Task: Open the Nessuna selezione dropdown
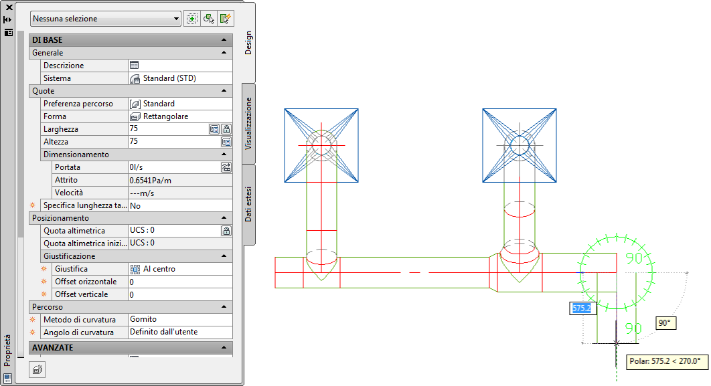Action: pos(106,19)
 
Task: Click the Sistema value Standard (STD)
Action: pos(169,78)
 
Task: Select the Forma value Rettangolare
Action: pos(165,116)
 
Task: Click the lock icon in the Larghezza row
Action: pos(226,129)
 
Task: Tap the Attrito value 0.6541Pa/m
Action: pos(151,181)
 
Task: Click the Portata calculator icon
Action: pos(226,167)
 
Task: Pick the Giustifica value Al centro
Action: pos(159,269)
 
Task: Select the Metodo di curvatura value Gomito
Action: pos(143,319)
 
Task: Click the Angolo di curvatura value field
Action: pos(180,332)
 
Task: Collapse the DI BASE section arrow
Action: pos(224,40)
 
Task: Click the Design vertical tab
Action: pos(248,43)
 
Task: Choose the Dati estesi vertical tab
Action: pos(248,204)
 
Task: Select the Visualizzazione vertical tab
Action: pos(248,123)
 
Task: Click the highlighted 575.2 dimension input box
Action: pos(582,308)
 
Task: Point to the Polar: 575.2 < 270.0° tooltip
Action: pos(665,361)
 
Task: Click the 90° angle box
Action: pos(665,323)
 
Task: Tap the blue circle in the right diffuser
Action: pos(520,146)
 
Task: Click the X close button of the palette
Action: pos(9,7)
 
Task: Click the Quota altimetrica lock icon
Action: pos(226,231)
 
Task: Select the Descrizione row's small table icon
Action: pos(134,66)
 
